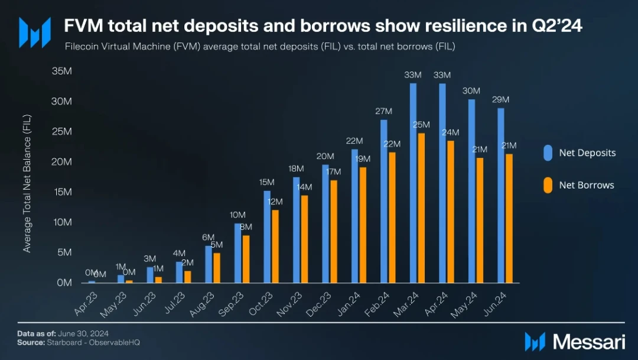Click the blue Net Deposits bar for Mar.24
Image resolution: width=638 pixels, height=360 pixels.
click(413, 183)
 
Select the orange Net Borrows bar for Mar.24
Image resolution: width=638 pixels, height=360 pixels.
click(421, 208)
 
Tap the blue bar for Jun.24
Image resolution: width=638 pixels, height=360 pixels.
click(501, 195)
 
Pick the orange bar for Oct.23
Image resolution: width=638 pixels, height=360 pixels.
click(275, 247)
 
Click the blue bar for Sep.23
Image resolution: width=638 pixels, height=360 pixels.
click(237, 253)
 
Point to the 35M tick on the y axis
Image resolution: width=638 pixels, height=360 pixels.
click(62, 71)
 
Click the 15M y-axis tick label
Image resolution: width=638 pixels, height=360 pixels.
click(62, 192)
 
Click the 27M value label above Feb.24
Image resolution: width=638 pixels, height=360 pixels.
click(384, 111)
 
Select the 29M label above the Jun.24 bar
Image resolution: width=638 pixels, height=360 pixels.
click(501, 100)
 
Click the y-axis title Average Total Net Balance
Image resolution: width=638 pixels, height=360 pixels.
click(27, 183)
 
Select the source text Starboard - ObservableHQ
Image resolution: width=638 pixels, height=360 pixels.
click(93, 342)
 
